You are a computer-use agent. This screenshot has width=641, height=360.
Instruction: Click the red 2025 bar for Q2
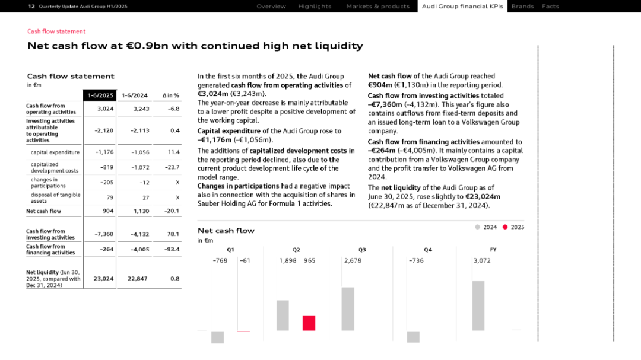[x=309, y=323]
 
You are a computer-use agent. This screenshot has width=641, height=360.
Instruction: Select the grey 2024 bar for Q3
[x=348, y=308]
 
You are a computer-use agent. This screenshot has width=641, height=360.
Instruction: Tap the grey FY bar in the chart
[x=478, y=305]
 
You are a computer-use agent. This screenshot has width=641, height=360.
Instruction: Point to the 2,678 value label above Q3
[x=353, y=260]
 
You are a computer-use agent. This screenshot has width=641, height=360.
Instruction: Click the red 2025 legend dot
[x=505, y=227]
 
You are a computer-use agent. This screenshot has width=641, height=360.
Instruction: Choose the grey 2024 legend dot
[x=478, y=227]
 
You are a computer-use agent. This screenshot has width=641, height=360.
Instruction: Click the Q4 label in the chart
[x=427, y=250]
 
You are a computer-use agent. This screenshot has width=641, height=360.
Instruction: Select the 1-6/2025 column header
[x=100, y=95]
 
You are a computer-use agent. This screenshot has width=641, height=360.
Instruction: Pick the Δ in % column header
[x=170, y=95]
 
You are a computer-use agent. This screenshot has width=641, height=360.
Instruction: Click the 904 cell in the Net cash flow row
[x=107, y=211]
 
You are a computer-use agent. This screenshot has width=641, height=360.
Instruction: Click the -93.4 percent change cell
[x=172, y=250]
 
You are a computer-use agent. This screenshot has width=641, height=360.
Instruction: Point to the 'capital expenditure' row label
[x=55, y=152]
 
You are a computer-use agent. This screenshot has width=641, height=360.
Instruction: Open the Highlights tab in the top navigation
[x=315, y=7]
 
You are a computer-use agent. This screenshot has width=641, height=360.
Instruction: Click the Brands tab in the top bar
[x=522, y=7]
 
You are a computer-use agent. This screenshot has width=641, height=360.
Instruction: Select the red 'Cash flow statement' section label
[x=56, y=31]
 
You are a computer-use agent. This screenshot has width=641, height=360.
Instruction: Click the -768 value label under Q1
[x=220, y=260]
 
